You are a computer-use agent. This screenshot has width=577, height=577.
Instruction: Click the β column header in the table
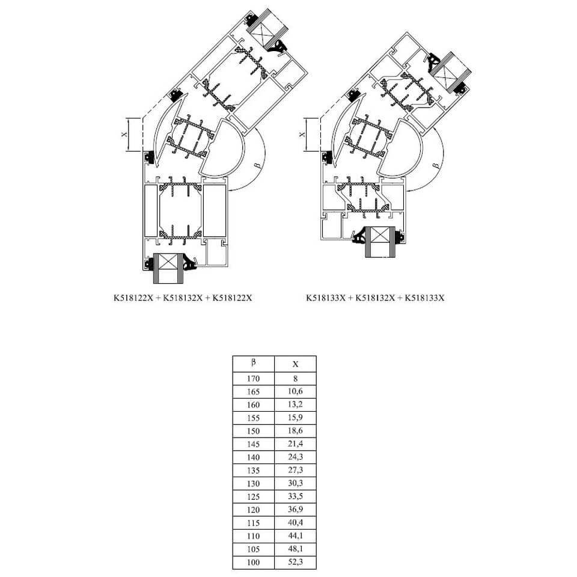click(253, 362)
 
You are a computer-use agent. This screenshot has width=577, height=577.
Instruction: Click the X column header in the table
click(295, 364)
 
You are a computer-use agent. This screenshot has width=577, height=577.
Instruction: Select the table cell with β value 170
click(253, 379)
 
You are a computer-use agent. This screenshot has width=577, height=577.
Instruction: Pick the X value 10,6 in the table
click(295, 391)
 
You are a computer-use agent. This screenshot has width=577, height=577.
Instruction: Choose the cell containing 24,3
click(295, 457)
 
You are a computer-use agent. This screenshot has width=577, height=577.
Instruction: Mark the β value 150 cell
click(253, 431)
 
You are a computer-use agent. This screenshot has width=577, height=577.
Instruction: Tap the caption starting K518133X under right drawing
click(374, 297)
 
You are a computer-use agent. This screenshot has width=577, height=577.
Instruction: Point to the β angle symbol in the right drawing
click(433, 163)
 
